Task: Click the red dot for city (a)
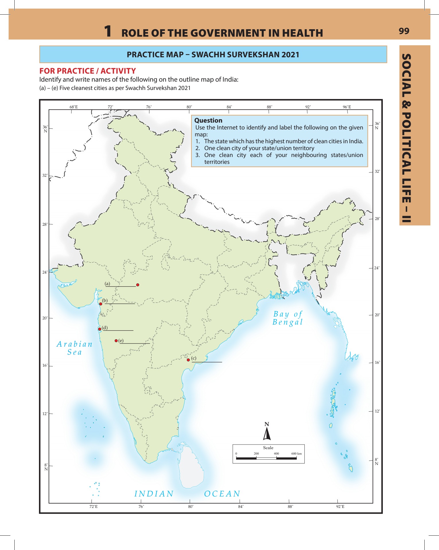point(138,285)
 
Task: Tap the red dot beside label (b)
point(101,304)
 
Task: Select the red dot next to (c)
point(188,360)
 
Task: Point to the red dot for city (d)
point(100,329)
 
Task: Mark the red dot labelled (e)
point(116,341)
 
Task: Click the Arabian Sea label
point(75,348)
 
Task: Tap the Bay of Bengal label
point(288,318)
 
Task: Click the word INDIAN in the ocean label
point(154,494)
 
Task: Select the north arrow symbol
point(267,433)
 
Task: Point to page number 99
point(404,31)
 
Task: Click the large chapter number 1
point(108,31)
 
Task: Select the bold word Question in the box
point(208,120)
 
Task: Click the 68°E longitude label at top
point(73,107)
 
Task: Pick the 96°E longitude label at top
point(347,107)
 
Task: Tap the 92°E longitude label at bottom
point(340,506)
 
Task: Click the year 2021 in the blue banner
point(290,55)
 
